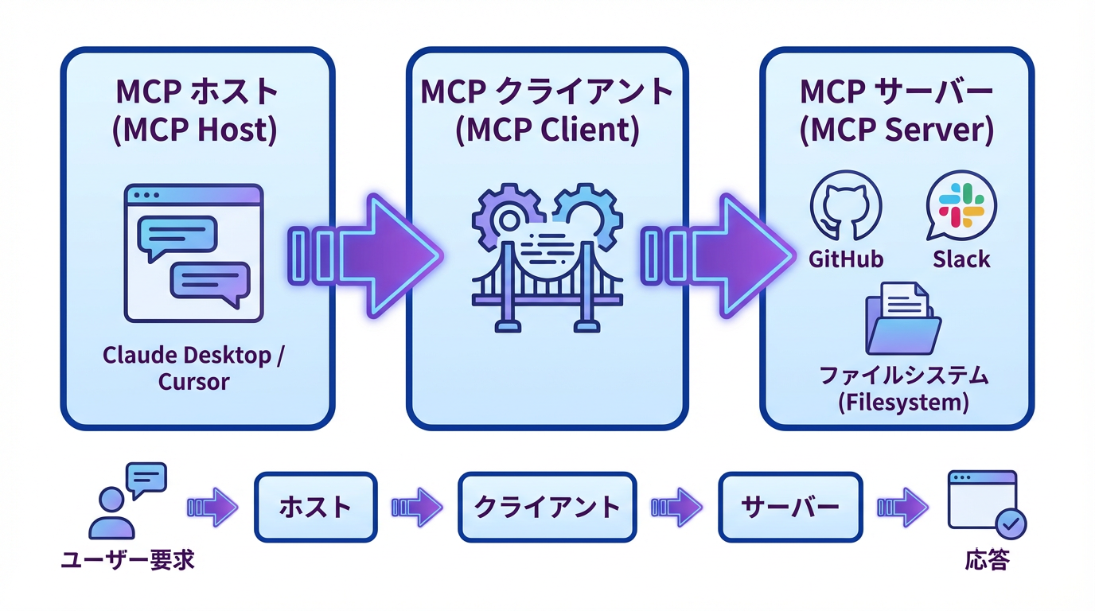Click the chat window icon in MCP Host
(193, 253)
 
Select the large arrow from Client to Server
(720, 255)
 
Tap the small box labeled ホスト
(315, 507)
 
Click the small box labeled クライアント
(547, 507)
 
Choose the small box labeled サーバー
(789, 507)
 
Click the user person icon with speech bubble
(127, 501)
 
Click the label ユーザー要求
(128, 561)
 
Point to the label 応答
(987, 561)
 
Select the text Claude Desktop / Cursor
(193, 368)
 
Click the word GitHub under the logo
(845, 259)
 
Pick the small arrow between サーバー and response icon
(903, 507)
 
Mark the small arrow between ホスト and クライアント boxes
(417, 507)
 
